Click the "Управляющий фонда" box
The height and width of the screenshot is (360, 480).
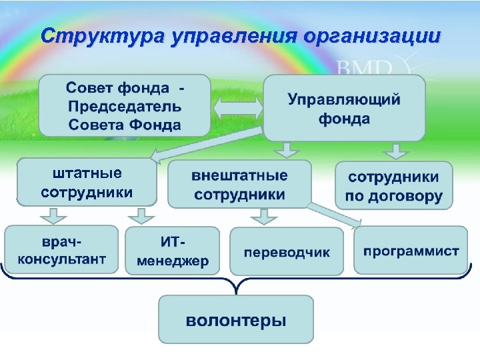coord(344,108)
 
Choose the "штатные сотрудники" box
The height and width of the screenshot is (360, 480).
coord(87,182)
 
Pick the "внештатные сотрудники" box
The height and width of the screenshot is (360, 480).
coord(239,185)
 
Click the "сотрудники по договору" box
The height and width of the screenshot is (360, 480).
coord(393,186)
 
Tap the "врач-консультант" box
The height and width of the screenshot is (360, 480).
coord(61,249)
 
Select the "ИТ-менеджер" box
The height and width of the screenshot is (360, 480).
coord(172,251)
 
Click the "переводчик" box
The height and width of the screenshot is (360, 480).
coord(287,252)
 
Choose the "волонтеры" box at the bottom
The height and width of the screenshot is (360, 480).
coord(235,320)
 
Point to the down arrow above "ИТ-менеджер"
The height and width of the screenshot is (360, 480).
coord(141,215)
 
